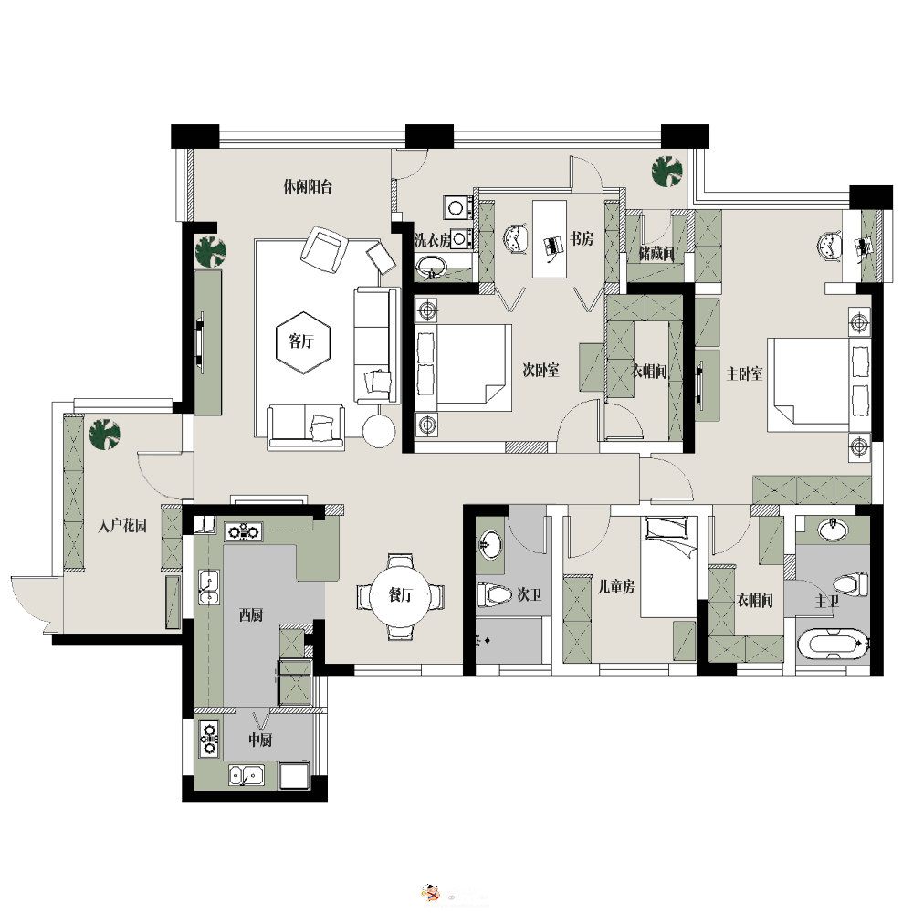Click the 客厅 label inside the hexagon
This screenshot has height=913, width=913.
tap(301, 341)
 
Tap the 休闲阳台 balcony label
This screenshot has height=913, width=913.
tap(308, 187)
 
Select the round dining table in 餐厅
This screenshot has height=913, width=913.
tap(400, 595)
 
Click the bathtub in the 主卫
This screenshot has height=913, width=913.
tap(834, 644)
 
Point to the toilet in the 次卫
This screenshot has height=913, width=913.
tap(494, 595)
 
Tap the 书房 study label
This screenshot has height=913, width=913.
tap(581, 238)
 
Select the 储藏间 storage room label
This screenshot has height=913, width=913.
tap(656, 254)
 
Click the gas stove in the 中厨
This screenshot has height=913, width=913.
tap(209, 740)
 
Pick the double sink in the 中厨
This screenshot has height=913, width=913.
tap(247, 775)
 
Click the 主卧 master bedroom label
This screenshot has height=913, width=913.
tap(745, 373)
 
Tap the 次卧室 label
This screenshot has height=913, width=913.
tap(540, 370)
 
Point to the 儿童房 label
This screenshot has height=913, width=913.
tap(616, 586)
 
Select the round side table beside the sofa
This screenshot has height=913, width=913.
tap(379, 431)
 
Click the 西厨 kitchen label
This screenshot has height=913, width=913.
tap(251, 614)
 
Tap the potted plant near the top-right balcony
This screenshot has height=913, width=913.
tap(666, 172)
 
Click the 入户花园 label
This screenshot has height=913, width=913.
tap(122, 527)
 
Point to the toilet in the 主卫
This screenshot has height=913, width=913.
tap(851, 584)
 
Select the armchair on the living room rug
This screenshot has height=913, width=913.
tap(322, 250)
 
